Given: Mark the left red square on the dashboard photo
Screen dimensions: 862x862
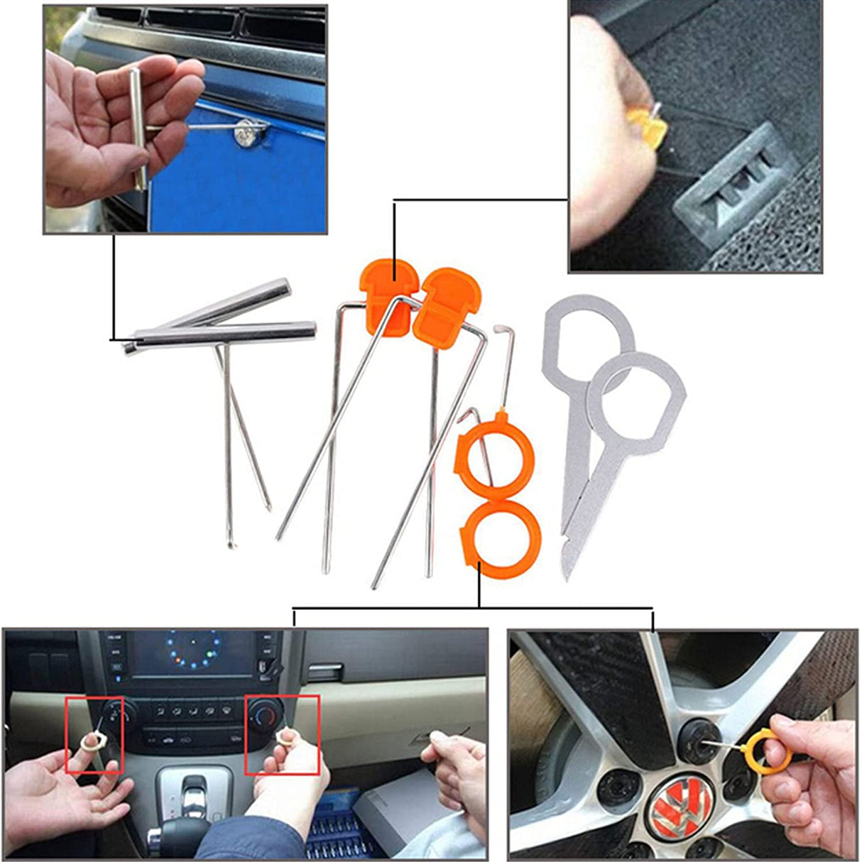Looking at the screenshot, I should (x=94, y=734).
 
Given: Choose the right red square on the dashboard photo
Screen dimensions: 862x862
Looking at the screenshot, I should (x=282, y=734).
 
